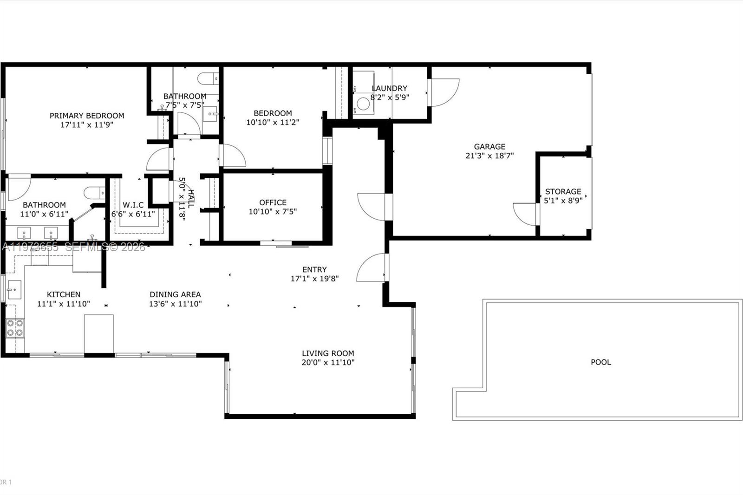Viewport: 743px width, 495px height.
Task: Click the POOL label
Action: coord(601,362)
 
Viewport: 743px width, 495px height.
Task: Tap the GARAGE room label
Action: coord(489,147)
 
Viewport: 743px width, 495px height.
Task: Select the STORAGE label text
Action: coord(563,191)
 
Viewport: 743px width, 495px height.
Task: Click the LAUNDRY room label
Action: coord(389,88)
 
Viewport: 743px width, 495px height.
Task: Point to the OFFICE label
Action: coord(273,202)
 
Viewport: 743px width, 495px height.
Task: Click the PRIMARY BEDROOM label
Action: coord(87,116)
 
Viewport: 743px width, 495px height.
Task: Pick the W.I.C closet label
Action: coord(133,205)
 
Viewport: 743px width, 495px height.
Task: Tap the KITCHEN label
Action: coord(64,294)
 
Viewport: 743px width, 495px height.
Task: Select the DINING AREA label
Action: coord(175,294)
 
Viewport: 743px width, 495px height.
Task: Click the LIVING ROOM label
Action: coord(328,353)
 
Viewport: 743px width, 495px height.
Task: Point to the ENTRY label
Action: coord(314,269)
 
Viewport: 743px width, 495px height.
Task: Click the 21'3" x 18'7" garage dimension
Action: coord(489,156)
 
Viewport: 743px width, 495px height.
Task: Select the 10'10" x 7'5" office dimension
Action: coord(273,212)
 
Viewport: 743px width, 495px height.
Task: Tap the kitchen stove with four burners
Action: coord(15,328)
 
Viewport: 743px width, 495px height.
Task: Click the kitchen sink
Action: coord(14,290)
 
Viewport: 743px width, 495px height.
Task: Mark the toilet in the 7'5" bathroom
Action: coord(209,78)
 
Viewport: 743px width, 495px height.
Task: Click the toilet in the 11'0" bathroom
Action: coord(95,192)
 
